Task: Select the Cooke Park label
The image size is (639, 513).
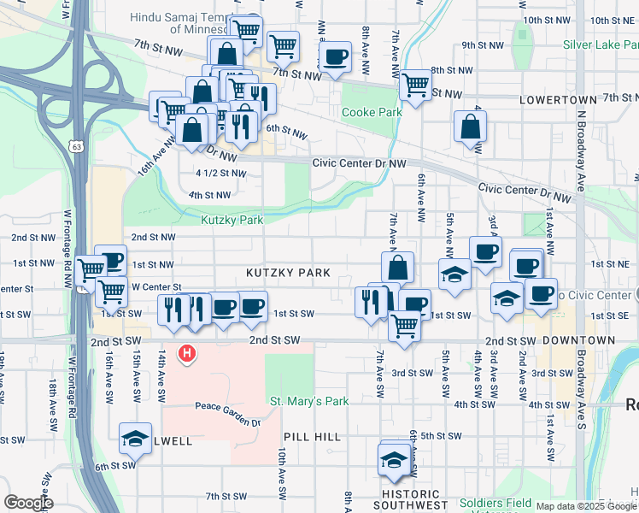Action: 372,112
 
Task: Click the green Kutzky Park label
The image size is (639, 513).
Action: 232,220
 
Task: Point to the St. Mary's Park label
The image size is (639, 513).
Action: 309,400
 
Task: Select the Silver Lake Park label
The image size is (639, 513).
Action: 600,44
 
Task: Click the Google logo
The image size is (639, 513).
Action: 28,503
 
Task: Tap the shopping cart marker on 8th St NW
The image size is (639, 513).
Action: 415,85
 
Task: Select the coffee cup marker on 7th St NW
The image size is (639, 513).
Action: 335,57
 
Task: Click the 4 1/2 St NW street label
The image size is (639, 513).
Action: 220,173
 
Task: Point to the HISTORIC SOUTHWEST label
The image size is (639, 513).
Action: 411,499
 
